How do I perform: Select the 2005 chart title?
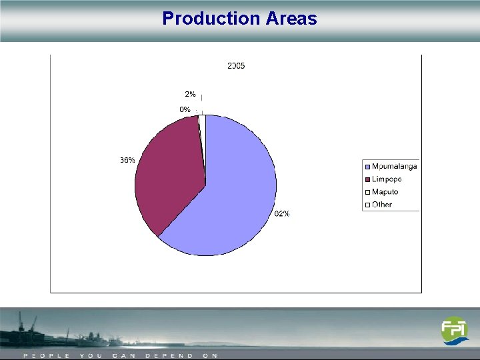[236, 66]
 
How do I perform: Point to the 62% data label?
[282, 214]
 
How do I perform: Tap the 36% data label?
[127, 161]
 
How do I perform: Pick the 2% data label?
[190, 95]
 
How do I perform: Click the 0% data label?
[185, 109]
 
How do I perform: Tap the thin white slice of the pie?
[202, 120]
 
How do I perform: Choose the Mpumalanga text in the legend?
[394, 166]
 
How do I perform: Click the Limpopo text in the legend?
[387, 179]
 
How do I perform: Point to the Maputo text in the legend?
[385, 192]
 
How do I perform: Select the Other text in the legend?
[383, 205]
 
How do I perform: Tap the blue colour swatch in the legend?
[367, 167]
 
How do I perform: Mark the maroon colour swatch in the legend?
[367, 179]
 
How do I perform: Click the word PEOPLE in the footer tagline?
[47, 356]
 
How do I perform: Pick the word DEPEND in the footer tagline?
[169, 356]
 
